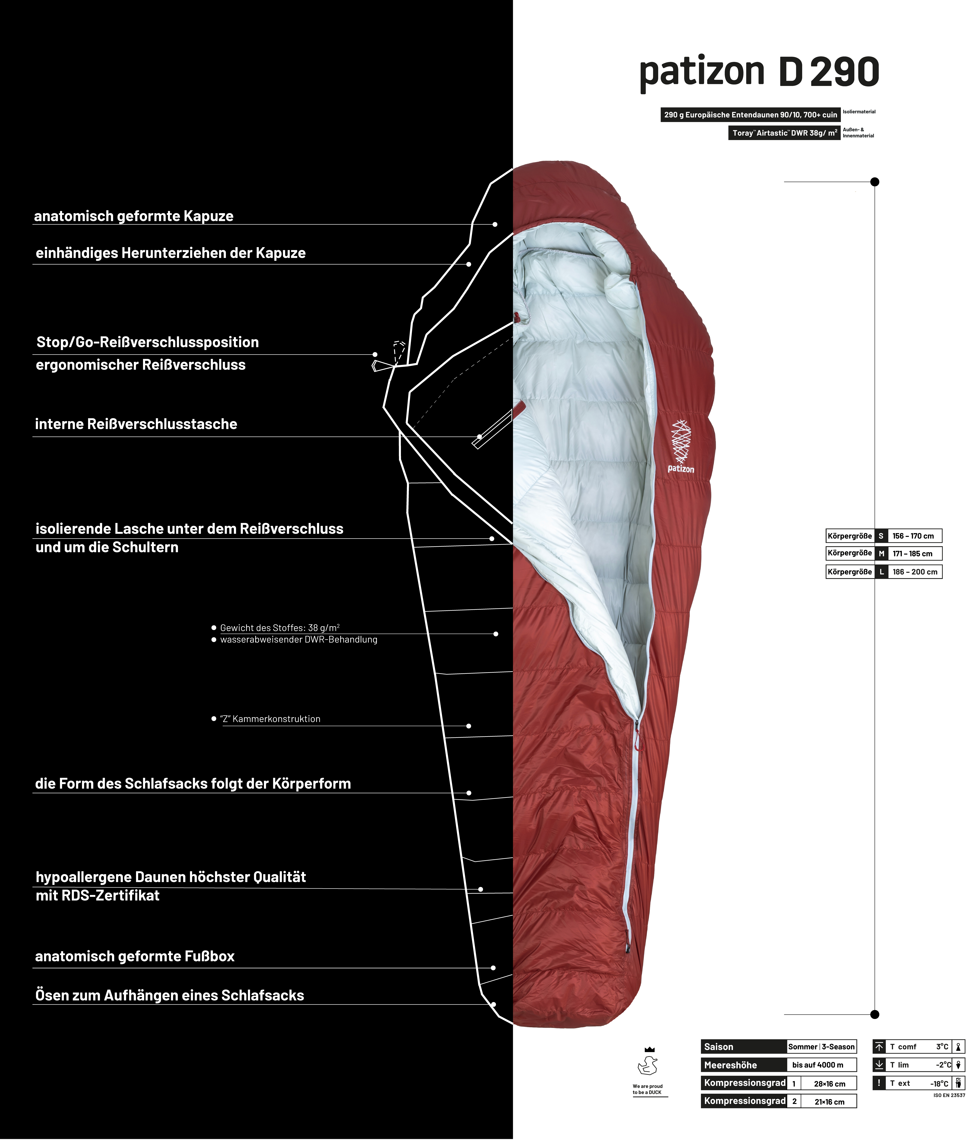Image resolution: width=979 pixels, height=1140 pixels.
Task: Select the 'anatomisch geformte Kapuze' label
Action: click(134, 216)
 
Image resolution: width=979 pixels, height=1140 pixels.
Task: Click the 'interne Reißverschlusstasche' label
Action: click(136, 424)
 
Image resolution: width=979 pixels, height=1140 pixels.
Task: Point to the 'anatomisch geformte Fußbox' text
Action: click(135, 956)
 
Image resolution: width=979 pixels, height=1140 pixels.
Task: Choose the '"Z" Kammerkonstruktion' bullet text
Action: click(270, 719)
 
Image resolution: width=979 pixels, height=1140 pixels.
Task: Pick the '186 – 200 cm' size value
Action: click(915, 572)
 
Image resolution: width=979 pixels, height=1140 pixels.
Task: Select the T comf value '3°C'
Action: click(942, 1046)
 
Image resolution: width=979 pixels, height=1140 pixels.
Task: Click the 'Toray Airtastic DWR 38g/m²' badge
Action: click(784, 133)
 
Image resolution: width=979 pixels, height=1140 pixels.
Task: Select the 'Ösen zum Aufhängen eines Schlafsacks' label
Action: click(170, 995)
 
